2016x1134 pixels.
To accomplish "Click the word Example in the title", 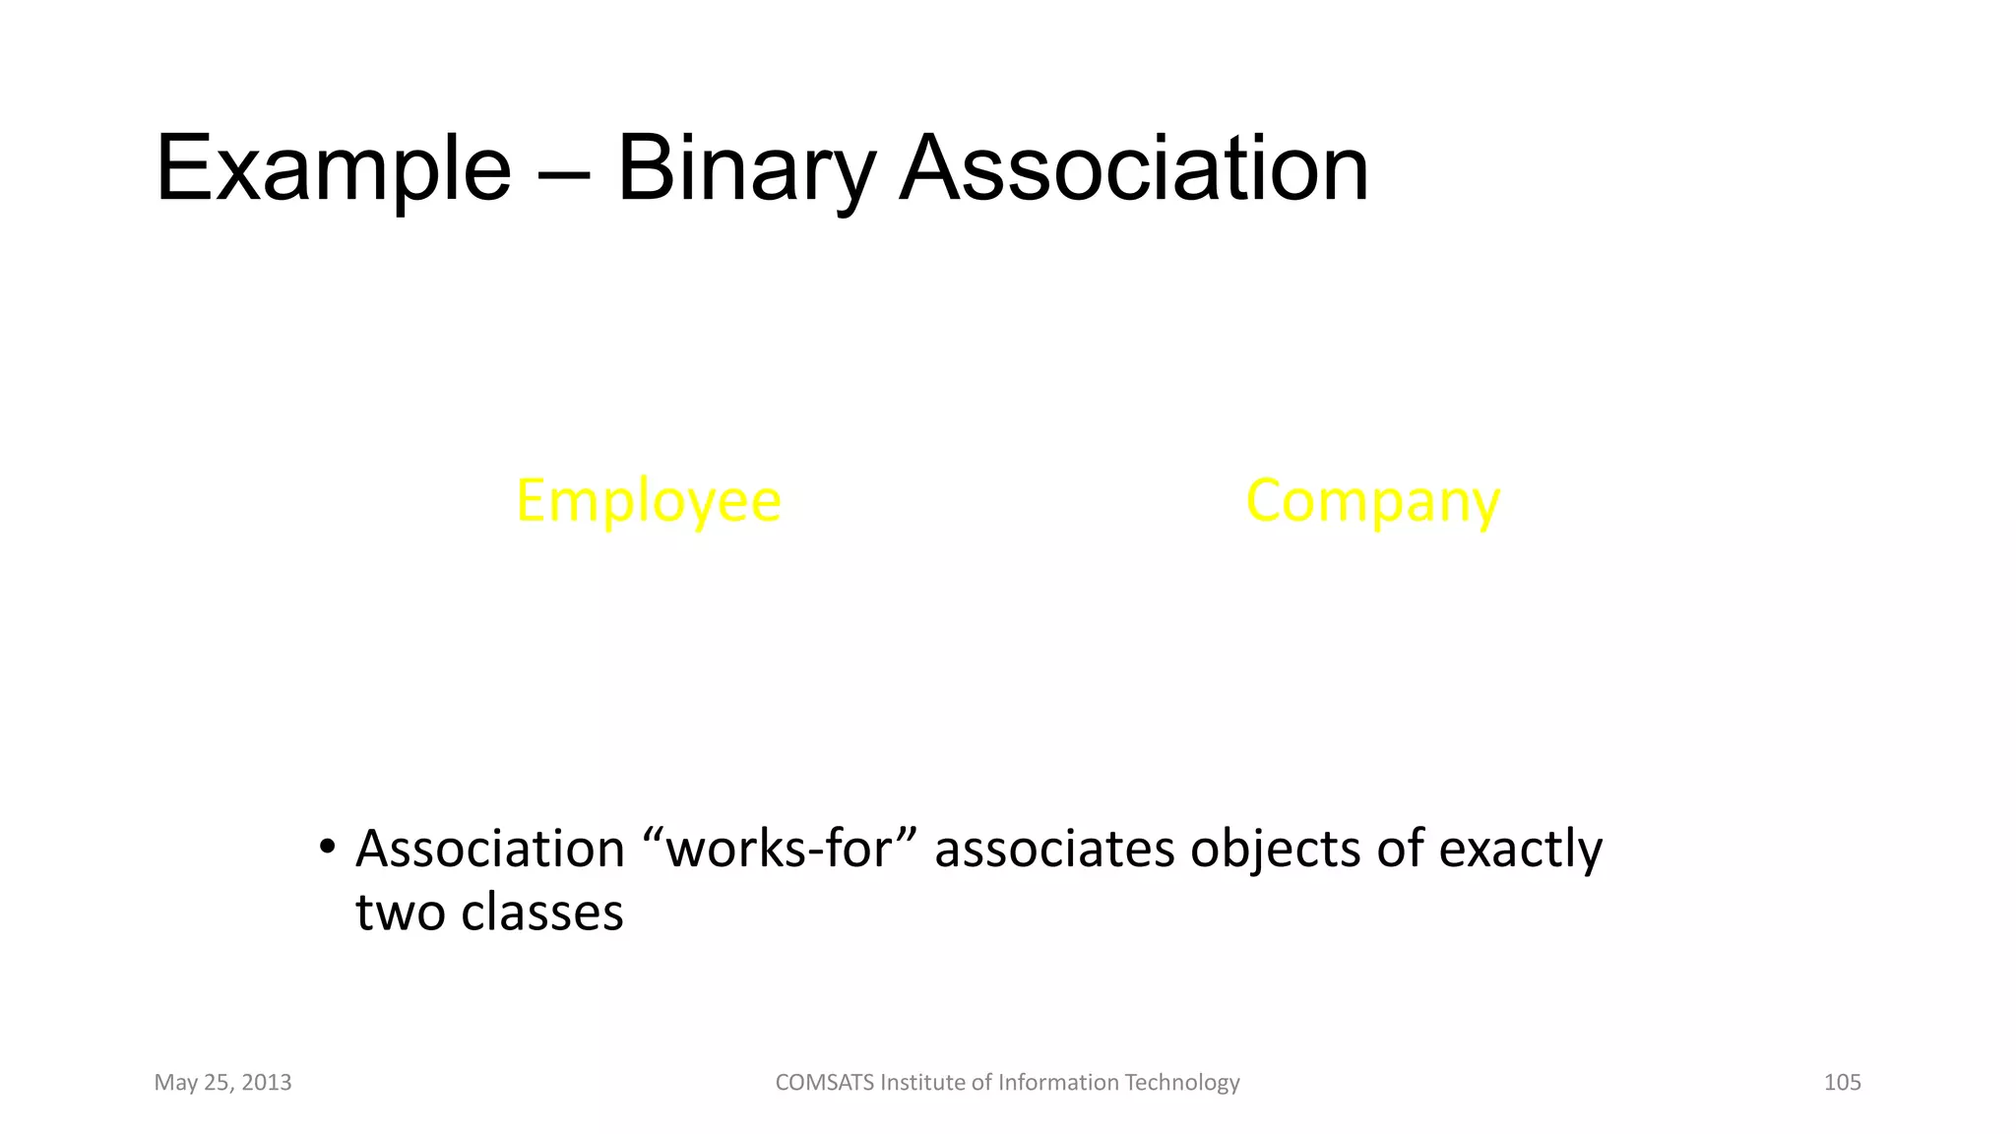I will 333,169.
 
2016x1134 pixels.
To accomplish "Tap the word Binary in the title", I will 746,169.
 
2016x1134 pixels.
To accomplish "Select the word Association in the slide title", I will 1133,169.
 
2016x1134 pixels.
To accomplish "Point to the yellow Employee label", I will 649,501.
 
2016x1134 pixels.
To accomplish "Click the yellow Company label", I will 1372,501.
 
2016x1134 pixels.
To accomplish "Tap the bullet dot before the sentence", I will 327,848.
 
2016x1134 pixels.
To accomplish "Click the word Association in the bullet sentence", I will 490,849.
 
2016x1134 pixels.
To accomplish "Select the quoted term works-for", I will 780,849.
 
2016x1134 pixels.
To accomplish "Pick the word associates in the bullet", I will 1054,849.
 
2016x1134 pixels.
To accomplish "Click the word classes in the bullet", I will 542,913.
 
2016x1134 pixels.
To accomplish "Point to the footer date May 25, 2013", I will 223,1083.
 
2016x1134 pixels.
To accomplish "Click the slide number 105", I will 1842,1083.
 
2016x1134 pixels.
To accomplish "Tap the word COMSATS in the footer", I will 824,1083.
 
